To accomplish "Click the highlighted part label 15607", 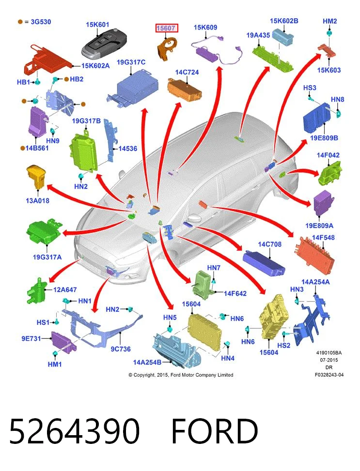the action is pyautogui.click(x=167, y=28).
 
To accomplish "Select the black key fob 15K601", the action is pyautogui.click(x=104, y=44).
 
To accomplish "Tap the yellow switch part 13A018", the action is pyautogui.click(x=37, y=177).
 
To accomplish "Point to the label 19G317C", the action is pyautogui.click(x=131, y=62).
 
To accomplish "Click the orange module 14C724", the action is pyautogui.click(x=185, y=89).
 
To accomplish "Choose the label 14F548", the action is pyautogui.click(x=323, y=237).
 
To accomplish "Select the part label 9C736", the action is pyautogui.click(x=121, y=349).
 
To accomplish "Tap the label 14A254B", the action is pyautogui.click(x=147, y=362).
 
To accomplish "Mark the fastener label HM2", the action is pyautogui.click(x=329, y=21).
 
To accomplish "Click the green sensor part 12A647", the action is pyautogui.click(x=36, y=290).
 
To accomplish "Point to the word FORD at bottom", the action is pyautogui.click(x=215, y=431).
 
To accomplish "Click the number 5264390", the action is pyautogui.click(x=75, y=431).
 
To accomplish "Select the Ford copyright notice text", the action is pyautogui.click(x=181, y=375).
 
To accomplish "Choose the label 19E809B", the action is pyautogui.click(x=324, y=138).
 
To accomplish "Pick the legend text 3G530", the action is pyautogui.click(x=41, y=22).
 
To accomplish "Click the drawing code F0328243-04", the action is pyautogui.click(x=329, y=375).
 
